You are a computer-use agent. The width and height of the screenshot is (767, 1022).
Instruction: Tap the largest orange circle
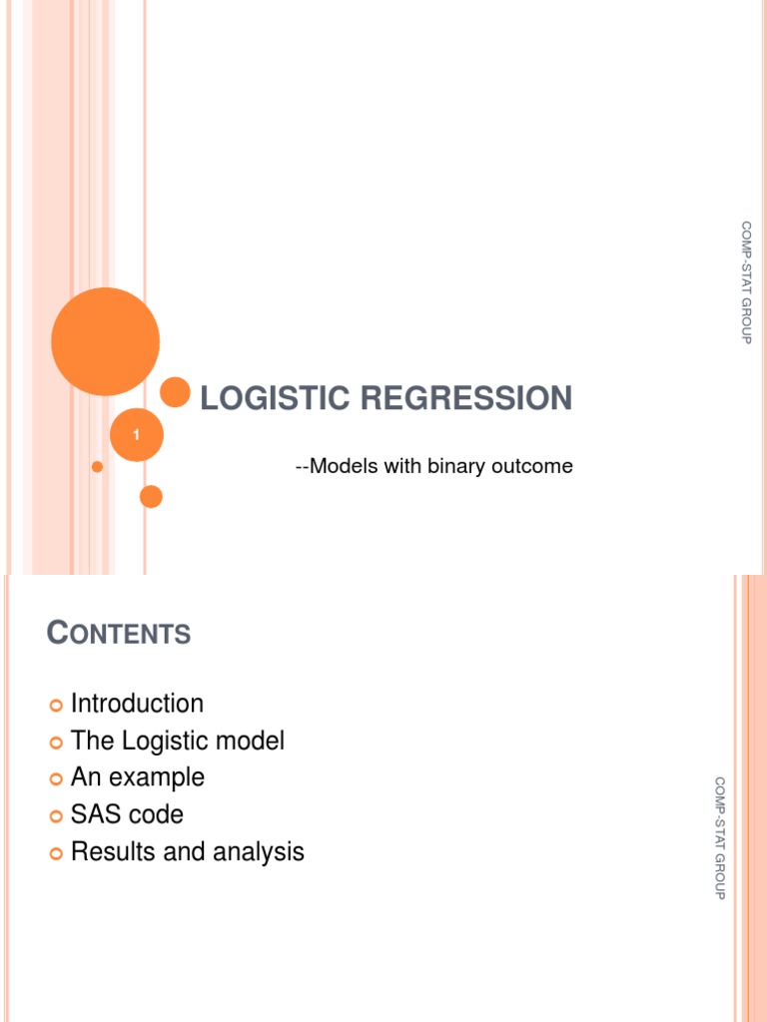pyautogui.click(x=105, y=341)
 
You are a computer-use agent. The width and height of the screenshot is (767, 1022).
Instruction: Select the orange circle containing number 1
pyautogui.click(x=136, y=435)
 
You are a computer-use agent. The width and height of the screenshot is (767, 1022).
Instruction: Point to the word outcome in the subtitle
pyautogui.click(x=536, y=466)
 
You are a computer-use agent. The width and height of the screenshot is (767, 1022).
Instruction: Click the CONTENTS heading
pyautogui.click(x=119, y=632)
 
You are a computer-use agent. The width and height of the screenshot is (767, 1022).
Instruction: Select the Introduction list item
pyautogui.click(x=137, y=704)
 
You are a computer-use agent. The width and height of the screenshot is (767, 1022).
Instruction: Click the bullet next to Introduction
pyautogui.click(x=56, y=706)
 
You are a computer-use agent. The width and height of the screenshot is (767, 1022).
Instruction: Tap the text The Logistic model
pyautogui.click(x=178, y=741)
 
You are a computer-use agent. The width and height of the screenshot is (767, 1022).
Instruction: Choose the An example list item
pyautogui.click(x=138, y=777)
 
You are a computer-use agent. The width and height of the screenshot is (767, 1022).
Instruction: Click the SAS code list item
pyautogui.click(x=127, y=814)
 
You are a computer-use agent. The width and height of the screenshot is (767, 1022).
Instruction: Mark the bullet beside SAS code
pyautogui.click(x=56, y=816)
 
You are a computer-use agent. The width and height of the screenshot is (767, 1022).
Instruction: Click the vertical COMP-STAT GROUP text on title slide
pyautogui.click(x=746, y=282)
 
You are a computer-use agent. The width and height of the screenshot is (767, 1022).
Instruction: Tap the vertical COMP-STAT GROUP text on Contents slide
pyautogui.click(x=719, y=837)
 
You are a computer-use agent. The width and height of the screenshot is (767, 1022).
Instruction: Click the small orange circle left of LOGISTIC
pyautogui.click(x=176, y=392)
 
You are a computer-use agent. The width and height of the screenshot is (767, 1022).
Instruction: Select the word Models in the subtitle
pyautogui.click(x=338, y=466)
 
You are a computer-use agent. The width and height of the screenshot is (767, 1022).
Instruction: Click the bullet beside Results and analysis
pyautogui.click(x=56, y=853)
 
